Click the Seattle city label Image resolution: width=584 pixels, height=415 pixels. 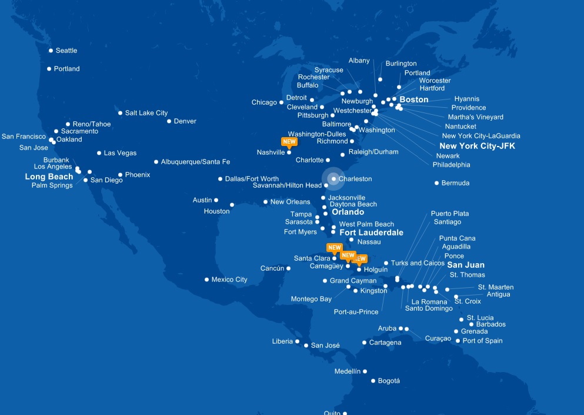(x=66, y=51)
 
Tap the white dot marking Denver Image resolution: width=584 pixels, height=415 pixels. (x=169, y=121)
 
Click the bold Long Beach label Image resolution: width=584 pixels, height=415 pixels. (x=49, y=177)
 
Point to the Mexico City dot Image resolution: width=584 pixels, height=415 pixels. (x=206, y=280)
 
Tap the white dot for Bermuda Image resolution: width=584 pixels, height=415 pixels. (x=436, y=183)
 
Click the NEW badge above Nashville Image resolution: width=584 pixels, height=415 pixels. (x=289, y=142)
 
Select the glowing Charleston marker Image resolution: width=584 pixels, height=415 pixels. (x=333, y=179)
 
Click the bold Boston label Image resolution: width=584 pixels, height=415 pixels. (x=414, y=99)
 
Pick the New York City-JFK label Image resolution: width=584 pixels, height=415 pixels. (x=477, y=146)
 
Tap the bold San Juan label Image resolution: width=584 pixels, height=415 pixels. (x=466, y=265)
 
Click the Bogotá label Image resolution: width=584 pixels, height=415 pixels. (x=389, y=381)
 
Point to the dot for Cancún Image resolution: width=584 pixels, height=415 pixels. (x=289, y=268)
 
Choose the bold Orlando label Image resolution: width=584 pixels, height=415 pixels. (x=348, y=212)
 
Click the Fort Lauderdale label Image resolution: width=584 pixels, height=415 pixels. (x=371, y=233)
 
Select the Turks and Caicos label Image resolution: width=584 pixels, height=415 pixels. (x=418, y=263)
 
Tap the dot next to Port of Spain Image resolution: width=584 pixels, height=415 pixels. (x=458, y=341)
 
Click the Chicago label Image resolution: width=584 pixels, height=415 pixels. (x=264, y=102)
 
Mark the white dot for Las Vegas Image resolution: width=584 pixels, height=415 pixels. (x=99, y=153)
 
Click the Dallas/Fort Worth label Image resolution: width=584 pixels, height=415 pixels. (x=252, y=179)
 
